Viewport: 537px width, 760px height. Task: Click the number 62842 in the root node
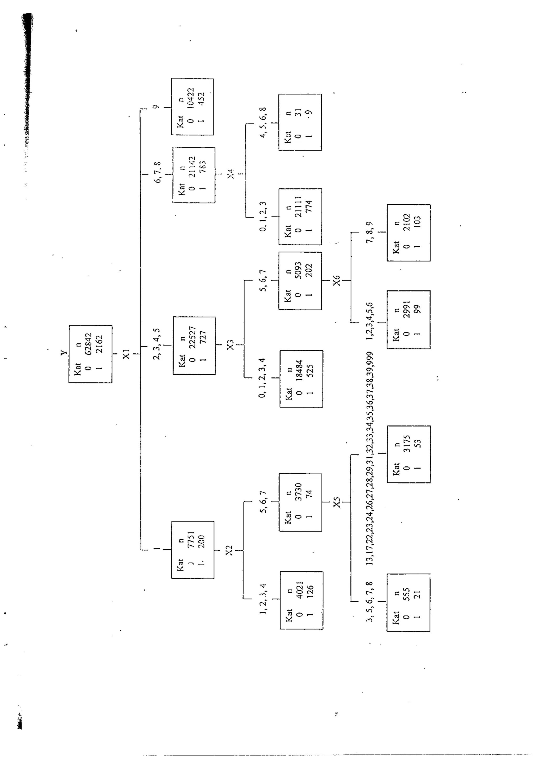(x=88, y=344)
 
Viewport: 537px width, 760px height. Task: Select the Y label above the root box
(x=64, y=353)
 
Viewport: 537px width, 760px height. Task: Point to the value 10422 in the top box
(x=191, y=99)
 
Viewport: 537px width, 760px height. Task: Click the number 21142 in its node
(x=192, y=167)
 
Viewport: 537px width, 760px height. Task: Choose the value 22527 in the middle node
(x=192, y=337)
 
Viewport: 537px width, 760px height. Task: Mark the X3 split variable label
(x=230, y=345)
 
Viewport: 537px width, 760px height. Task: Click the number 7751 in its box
(x=191, y=540)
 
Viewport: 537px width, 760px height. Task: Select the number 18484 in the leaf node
(x=299, y=371)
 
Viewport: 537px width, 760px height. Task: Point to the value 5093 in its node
(x=298, y=270)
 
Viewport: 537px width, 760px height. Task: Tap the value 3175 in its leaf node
(x=407, y=444)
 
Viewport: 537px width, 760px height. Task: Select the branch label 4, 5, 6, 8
(x=263, y=122)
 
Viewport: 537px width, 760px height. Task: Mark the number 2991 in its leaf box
(x=407, y=309)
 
